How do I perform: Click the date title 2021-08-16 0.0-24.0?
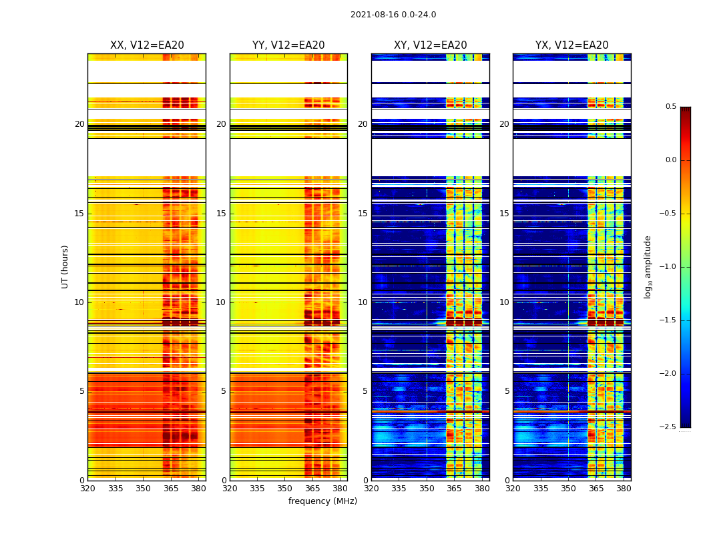point(393,15)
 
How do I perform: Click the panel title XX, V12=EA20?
point(147,45)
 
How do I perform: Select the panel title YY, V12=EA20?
point(288,45)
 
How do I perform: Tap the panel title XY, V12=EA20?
point(431,45)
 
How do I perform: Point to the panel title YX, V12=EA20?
point(572,45)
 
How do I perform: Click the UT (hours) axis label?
point(65,266)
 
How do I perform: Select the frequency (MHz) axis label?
point(322,501)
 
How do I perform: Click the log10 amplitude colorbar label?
point(648,266)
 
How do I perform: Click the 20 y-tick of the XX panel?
point(79,124)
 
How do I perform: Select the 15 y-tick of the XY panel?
point(363,214)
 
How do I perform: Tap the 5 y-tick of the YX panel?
point(507,391)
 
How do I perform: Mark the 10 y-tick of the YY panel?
point(221,302)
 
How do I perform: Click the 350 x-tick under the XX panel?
point(143,489)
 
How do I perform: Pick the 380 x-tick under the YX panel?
point(624,489)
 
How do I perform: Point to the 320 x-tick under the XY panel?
point(372,489)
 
